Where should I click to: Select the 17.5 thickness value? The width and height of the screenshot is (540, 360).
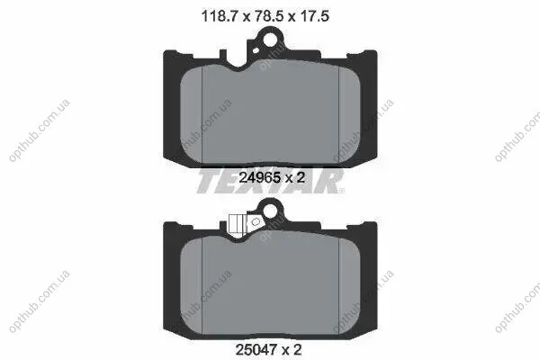tap(315, 16)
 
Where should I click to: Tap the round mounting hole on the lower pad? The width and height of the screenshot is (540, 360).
tap(270, 211)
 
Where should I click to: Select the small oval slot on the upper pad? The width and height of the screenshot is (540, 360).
tap(256, 51)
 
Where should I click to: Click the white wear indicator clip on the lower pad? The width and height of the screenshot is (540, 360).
tap(238, 226)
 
